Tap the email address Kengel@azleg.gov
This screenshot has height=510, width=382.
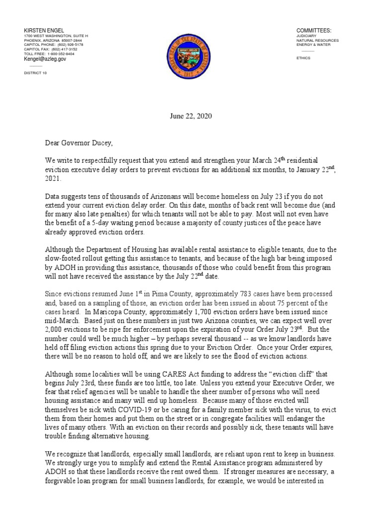(x=45, y=59)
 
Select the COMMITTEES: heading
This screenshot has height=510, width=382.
(x=314, y=31)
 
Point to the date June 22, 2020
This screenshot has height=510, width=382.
(x=191, y=116)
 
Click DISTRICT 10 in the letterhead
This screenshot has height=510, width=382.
(x=36, y=73)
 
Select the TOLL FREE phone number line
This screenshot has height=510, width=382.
(x=49, y=54)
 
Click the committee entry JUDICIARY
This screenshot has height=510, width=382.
(x=306, y=37)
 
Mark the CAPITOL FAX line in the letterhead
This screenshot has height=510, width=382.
(x=51, y=49)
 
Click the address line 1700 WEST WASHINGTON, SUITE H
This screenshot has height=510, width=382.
(x=56, y=36)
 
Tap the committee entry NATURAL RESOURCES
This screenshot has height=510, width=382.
(x=317, y=41)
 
